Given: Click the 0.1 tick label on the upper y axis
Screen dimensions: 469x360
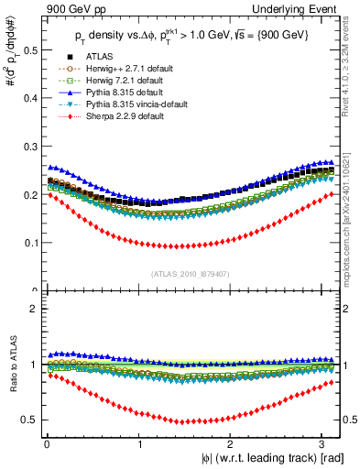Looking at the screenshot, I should [x=27, y=243].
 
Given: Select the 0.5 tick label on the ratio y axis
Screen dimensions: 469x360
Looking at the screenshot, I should [x=27, y=420].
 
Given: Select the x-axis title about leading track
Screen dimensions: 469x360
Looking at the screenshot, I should [x=274, y=457].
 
